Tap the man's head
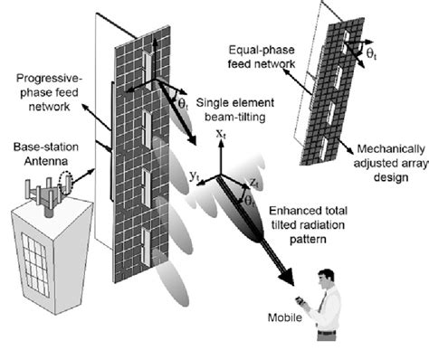pos(326,276)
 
